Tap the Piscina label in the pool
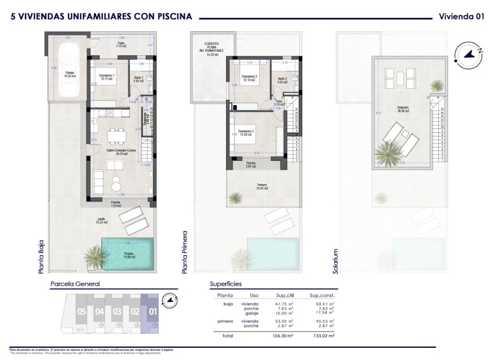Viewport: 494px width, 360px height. point(129,255)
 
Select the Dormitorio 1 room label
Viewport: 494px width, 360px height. point(106,77)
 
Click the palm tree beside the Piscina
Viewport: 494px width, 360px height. point(93,256)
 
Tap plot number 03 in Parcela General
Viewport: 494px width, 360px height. point(117,312)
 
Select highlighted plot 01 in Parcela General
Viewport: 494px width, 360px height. point(153,312)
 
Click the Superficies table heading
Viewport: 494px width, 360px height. point(225,284)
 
